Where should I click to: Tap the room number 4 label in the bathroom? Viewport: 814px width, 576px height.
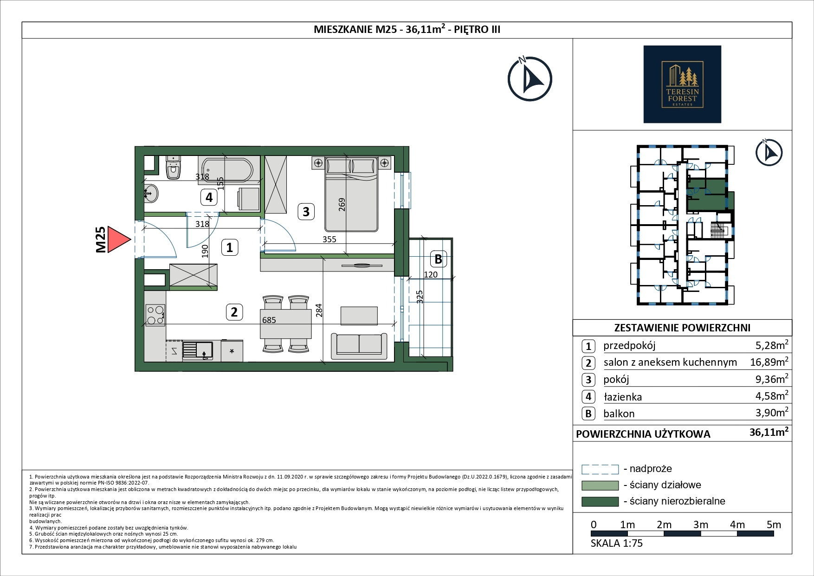pyautogui.click(x=209, y=197)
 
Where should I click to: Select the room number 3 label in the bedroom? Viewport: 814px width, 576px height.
pyautogui.click(x=306, y=212)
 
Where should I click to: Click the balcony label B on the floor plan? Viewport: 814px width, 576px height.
pyautogui.click(x=438, y=259)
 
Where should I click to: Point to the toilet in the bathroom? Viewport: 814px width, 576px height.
pyautogui.click(x=174, y=168)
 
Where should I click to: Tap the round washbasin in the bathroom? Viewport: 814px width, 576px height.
pyautogui.click(x=151, y=193)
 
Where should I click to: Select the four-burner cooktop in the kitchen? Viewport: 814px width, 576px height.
pyautogui.click(x=155, y=314)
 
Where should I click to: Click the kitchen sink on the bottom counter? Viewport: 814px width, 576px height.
pyautogui.click(x=198, y=350)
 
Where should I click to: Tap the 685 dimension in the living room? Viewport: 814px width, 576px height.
pyautogui.click(x=269, y=320)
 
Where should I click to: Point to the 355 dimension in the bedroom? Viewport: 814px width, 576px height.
pyautogui.click(x=329, y=239)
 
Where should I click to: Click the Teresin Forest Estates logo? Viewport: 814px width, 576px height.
pyautogui.click(x=682, y=84)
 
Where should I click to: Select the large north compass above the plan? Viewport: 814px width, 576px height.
pyautogui.click(x=530, y=79)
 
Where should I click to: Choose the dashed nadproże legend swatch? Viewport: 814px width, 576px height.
pyautogui.click(x=600, y=469)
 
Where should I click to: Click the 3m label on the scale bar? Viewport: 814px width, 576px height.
pyautogui.click(x=701, y=525)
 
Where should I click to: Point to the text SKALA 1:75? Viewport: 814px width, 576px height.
pyautogui.click(x=617, y=544)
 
